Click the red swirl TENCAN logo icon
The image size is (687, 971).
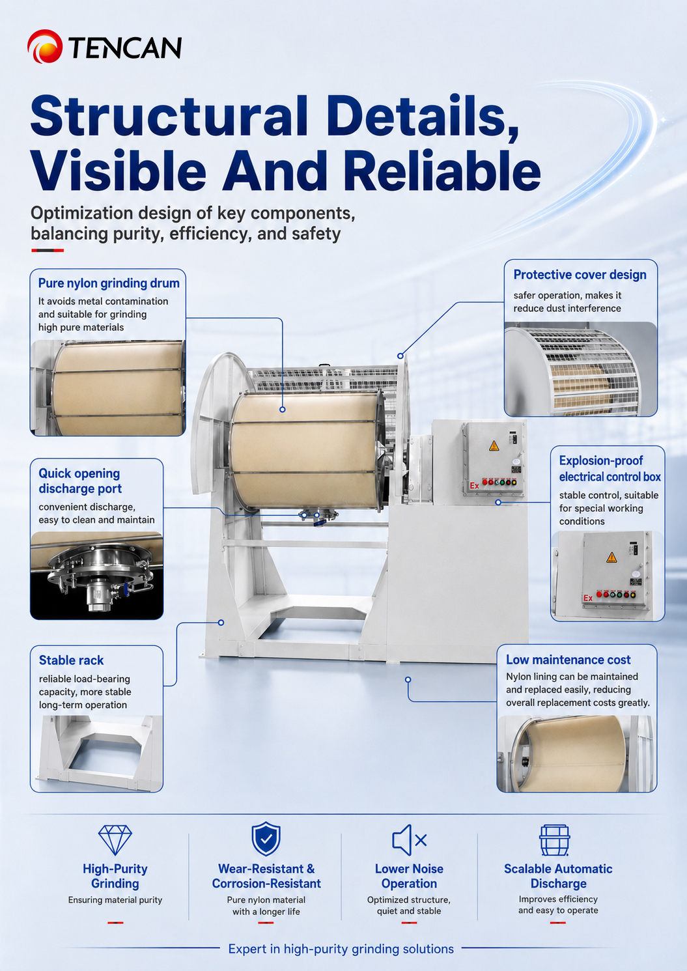(45, 46)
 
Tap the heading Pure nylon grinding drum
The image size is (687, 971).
(109, 283)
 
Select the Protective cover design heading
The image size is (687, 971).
(580, 275)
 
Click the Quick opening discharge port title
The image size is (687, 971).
(80, 481)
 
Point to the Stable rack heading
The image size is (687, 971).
(71, 660)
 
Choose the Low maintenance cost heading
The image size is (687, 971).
(568, 659)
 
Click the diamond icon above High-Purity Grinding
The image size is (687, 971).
(115, 840)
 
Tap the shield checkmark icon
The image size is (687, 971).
(266, 839)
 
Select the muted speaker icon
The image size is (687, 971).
(409, 840)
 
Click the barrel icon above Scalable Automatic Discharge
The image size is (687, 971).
(554, 840)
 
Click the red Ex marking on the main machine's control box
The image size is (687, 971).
(475, 486)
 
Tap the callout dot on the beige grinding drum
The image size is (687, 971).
(283, 409)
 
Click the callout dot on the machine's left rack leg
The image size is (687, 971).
(221, 623)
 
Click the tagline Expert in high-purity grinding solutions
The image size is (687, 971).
(341, 949)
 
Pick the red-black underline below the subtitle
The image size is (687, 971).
(48, 251)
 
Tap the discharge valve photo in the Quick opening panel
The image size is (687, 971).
(96, 575)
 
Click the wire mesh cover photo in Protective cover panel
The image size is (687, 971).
(581, 369)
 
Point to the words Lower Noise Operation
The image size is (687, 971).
(409, 876)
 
